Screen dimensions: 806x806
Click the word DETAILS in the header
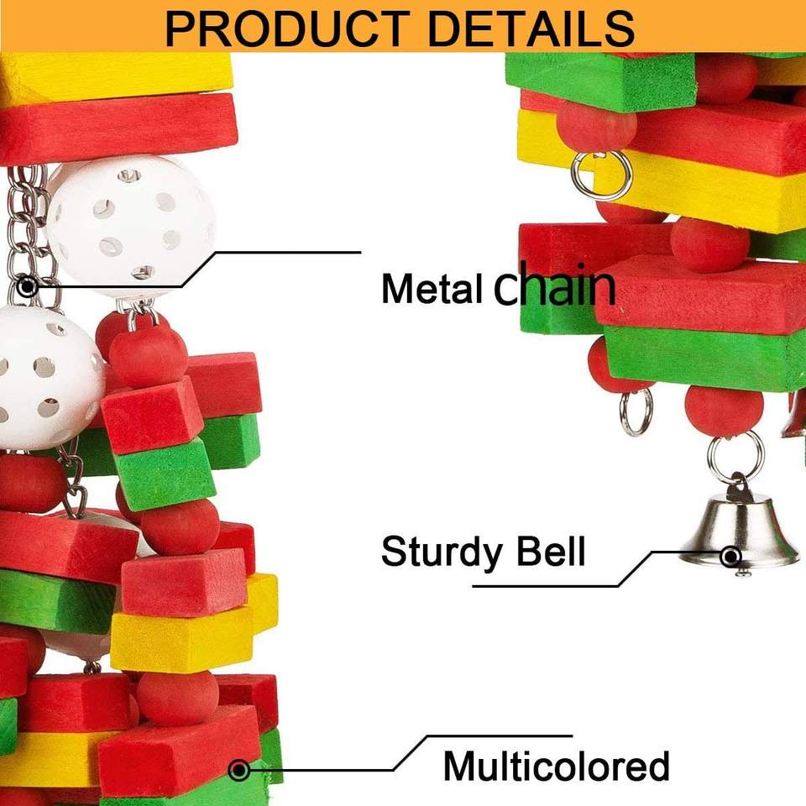[529, 27]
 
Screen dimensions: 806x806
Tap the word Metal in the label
[432, 289]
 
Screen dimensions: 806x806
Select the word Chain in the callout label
[554, 285]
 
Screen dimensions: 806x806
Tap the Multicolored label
[556, 766]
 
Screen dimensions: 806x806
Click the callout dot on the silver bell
[731, 555]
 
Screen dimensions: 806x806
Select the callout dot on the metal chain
[28, 286]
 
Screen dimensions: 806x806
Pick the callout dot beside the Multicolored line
[239, 769]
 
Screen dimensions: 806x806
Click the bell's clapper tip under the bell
[743, 573]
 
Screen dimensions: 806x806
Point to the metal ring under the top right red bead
[601, 175]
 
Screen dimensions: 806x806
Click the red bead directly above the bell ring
[724, 411]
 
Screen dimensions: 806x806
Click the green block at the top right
[600, 81]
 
